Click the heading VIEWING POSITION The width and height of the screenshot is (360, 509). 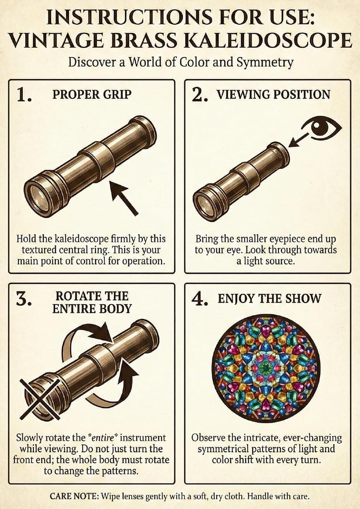point(273,94)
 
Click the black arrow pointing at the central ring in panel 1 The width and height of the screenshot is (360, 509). point(124,198)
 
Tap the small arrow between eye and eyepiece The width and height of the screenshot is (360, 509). point(298,140)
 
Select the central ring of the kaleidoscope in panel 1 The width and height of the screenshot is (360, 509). point(98,161)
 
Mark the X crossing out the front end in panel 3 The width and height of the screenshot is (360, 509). point(40,399)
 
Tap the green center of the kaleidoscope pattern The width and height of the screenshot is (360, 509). point(266,368)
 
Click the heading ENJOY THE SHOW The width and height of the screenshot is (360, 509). point(270,299)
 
